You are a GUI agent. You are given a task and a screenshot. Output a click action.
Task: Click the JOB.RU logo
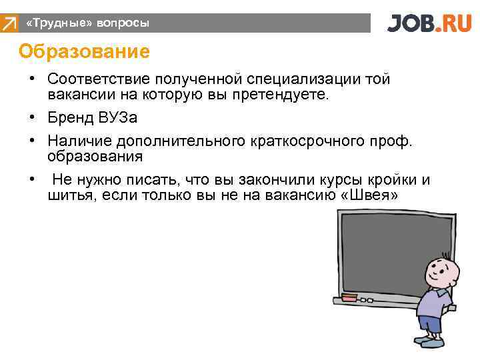tap(431, 23)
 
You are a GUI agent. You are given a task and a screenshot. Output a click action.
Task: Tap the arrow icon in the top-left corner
tap(9, 24)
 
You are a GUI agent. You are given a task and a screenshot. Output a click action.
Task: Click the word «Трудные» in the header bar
tap(59, 23)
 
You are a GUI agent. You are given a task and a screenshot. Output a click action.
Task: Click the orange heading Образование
tap(84, 51)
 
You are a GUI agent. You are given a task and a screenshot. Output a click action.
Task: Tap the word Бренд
tap(70, 118)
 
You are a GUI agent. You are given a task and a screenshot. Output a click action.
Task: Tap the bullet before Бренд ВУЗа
tap(32, 119)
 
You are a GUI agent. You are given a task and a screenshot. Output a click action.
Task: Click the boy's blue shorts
tap(429, 324)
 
